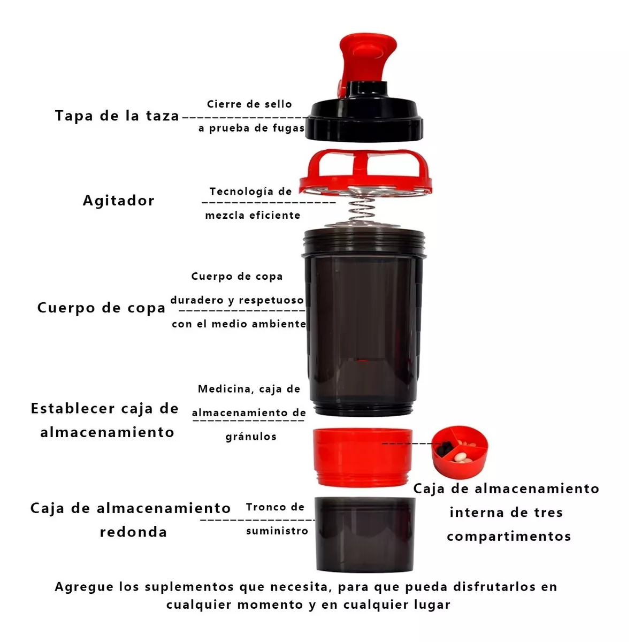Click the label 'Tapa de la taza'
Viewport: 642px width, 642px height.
pos(117,116)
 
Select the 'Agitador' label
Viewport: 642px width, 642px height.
pos(118,201)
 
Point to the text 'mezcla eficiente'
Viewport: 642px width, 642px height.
pos(253,215)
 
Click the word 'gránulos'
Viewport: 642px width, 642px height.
pos(251,437)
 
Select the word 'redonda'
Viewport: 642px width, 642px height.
pos(133,532)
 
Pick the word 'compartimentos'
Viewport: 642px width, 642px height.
pos(509,537)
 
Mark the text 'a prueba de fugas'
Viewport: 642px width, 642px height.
pos(251,128)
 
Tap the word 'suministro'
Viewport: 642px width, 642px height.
pos(277,531)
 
